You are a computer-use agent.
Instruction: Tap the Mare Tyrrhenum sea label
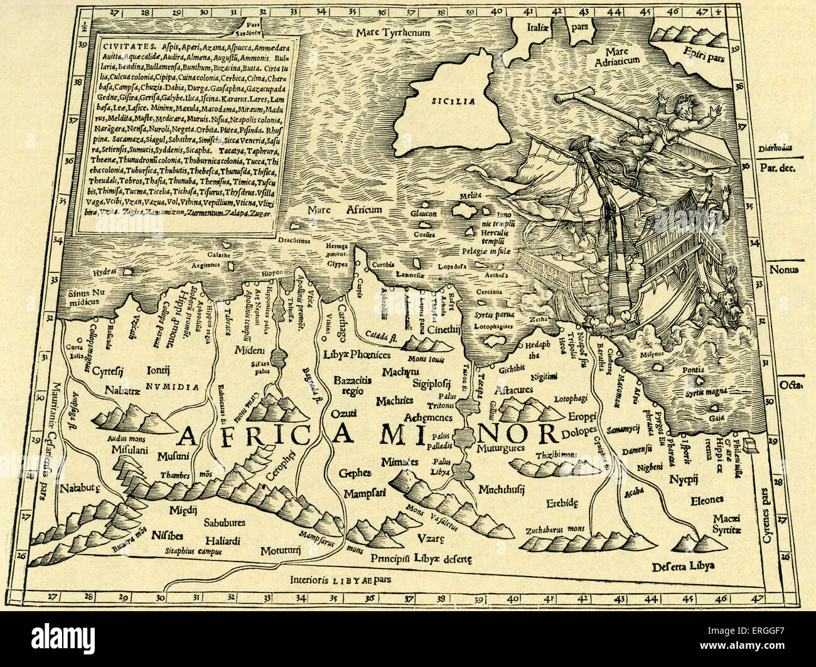(x=392, y=32)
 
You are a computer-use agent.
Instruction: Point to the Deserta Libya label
(x=684, y=565)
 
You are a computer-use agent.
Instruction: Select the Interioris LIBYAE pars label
(x=346, y=580)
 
